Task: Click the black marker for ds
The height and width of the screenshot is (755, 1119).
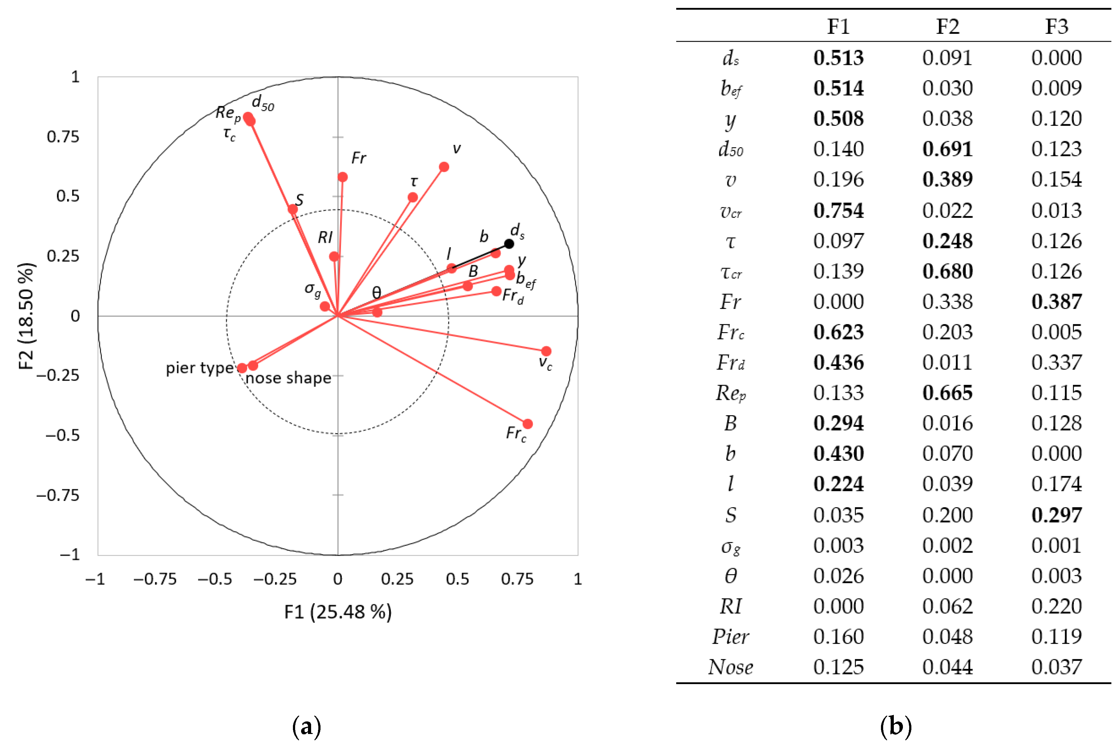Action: [x=509, y=244]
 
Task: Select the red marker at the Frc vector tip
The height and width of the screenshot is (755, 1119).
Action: [x=528, y=424]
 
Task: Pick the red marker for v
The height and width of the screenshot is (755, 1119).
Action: [x=444, y=167]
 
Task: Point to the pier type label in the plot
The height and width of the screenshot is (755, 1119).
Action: [x=199, y=368]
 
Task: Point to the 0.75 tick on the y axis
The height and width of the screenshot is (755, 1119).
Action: [x=63, y=137]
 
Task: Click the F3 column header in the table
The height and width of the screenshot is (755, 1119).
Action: [x=1056, y=26]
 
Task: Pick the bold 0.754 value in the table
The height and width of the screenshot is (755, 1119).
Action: [x=838, y=211]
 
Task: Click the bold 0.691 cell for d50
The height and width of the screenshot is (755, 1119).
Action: [x=947, y=150]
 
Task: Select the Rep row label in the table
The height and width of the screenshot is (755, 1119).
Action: [x=730, y=393]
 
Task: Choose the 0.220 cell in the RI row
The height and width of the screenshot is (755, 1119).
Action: [x=1056, y=607]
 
